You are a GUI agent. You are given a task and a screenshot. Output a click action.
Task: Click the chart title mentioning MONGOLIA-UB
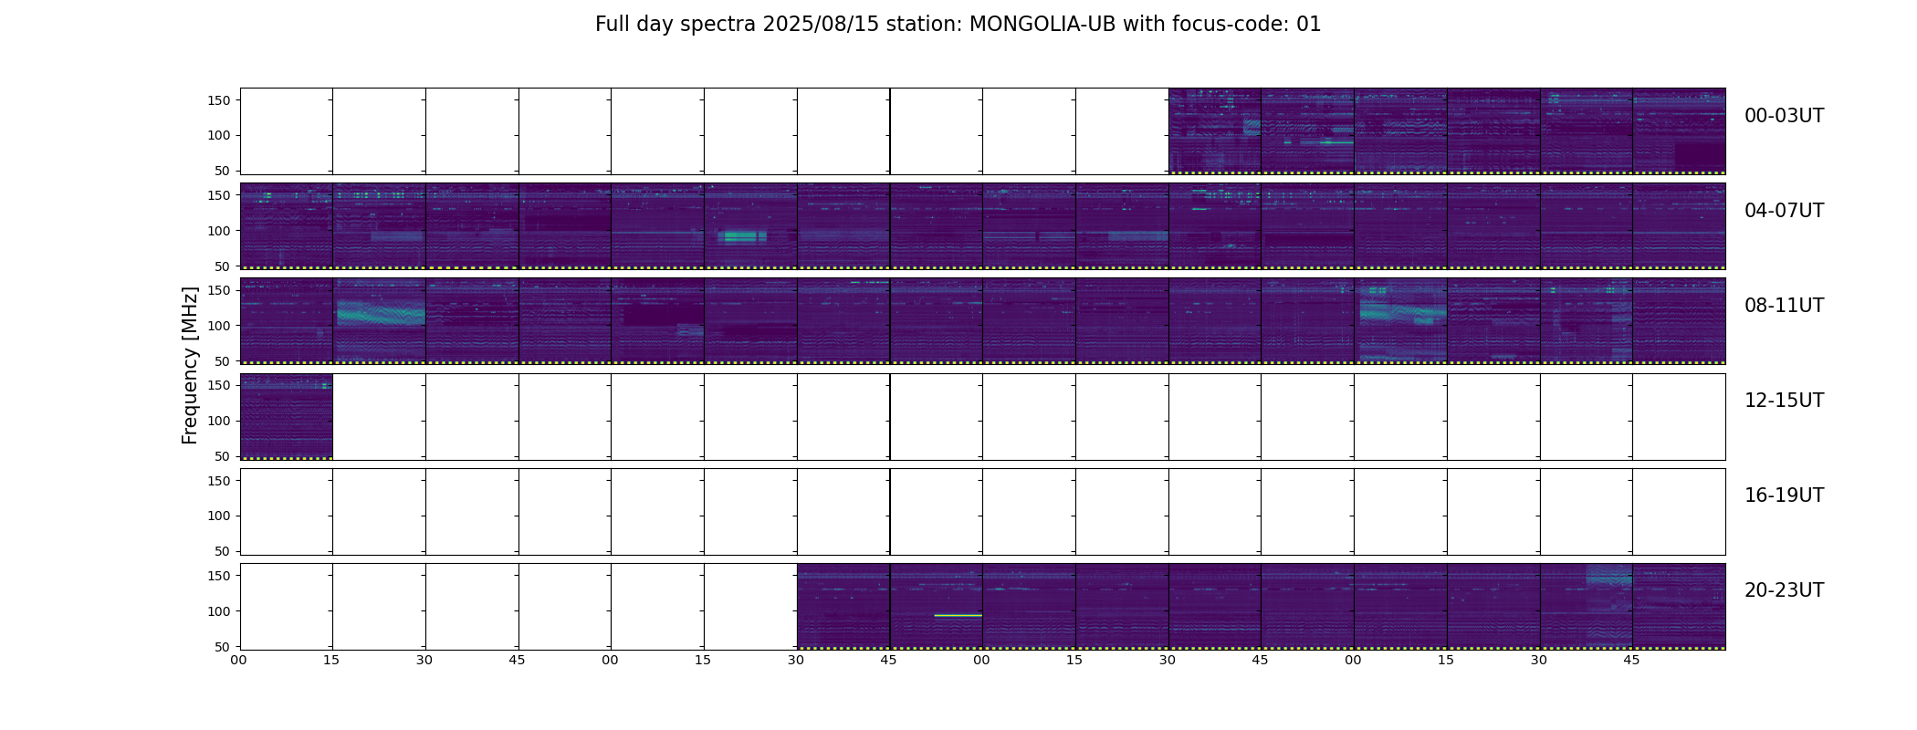click(958, 25)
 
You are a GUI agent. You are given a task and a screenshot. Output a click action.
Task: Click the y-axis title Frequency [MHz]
click(190, 365)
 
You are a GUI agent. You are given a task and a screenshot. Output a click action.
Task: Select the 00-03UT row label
click(1784, 116)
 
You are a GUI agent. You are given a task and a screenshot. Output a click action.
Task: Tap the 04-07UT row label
click(1784, 211)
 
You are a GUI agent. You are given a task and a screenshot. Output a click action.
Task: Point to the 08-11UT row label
click(1784, 306)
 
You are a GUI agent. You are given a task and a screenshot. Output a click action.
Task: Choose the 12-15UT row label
click(1784, 401)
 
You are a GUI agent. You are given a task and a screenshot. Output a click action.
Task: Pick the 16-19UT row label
click(1784, 495)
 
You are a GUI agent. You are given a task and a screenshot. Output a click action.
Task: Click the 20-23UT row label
click(1784, 590)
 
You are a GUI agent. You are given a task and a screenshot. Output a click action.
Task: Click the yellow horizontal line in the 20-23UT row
click(958, 616)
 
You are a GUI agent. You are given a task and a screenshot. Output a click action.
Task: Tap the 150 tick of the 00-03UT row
click(218, 100)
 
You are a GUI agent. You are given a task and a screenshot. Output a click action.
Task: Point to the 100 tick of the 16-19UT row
click(218, 516)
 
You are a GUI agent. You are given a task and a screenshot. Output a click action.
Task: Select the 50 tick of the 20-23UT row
click(222, 647)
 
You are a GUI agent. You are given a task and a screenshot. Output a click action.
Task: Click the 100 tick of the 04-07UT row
click(218, 231)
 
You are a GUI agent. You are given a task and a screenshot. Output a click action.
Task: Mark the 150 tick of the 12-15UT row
click(218, 385)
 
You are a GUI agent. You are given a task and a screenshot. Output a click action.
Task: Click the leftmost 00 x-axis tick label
click(239, 661)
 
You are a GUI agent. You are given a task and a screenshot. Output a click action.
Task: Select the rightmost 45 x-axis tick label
click(1632, 661)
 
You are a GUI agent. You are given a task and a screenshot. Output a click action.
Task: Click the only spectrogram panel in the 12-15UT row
click(287, 417)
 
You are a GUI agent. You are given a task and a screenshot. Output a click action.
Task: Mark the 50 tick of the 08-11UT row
click(222, 361)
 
